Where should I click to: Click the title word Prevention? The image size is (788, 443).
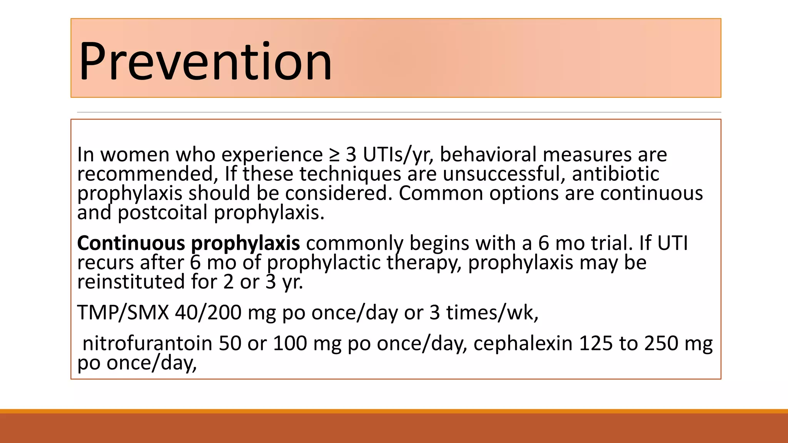(205, 62)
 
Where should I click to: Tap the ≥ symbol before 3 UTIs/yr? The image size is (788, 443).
(334, 155)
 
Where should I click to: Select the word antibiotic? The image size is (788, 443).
(615, 173)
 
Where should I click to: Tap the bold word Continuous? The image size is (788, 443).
(131, 243)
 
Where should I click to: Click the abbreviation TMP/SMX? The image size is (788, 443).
(123, 312)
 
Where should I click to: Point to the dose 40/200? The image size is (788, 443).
(208, 312)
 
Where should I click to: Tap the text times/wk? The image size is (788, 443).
(492, 312)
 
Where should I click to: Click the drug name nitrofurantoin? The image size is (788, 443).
(147, 343)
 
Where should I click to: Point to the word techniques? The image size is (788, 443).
(350, 174)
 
